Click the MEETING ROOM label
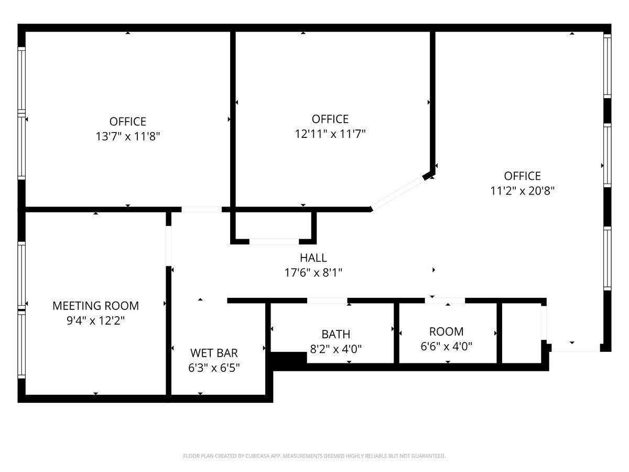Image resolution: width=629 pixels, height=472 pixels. click(96, 305)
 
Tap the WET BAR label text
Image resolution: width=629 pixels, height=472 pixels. click(214, 352)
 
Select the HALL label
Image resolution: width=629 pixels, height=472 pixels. click(313, 258)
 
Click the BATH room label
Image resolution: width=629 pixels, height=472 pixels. click(335, 334)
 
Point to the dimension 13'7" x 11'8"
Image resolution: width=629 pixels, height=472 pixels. click(128, 136)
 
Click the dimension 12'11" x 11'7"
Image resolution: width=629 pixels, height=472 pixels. click(330, 134)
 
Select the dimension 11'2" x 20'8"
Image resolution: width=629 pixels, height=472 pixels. click(522, 191)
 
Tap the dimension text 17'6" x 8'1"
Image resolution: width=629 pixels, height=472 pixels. click(313, 272)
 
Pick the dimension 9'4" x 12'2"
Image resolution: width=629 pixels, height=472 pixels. click(96, 320)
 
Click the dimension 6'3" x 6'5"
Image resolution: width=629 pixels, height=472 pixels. click(214, 368)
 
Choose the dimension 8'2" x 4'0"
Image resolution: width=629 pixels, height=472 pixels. click(335, 349)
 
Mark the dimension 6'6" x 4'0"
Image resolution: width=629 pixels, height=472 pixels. click(447, 346)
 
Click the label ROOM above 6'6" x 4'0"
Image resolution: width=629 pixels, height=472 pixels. click(447, 331)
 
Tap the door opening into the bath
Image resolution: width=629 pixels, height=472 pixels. click(327, 301)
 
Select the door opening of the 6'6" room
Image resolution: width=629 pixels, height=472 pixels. click(445, 301)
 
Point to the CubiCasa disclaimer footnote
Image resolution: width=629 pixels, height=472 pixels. click(314, 456)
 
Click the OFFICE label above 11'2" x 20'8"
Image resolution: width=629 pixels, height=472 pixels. click(522, 176)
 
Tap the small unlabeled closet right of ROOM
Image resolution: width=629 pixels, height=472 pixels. click(522, 333)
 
